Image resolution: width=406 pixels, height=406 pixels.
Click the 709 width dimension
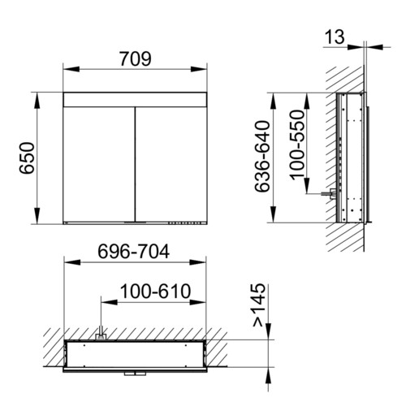coord(136,59)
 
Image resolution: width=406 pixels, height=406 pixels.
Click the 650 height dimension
coord(27,158)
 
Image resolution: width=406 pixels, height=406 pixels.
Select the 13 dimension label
coord(335,37)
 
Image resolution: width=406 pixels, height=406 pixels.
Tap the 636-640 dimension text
coord(262,157)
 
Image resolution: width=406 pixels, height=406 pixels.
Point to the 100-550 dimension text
coord(297,144)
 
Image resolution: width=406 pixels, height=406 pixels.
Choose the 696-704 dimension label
coord(134,252)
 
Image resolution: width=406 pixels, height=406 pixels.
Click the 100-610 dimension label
coord(155,292)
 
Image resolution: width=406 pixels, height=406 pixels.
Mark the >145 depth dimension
coord(258,304)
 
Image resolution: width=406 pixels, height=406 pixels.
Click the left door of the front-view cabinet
coord(99,164)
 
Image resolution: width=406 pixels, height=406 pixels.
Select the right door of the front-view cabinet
coord(171,164)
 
